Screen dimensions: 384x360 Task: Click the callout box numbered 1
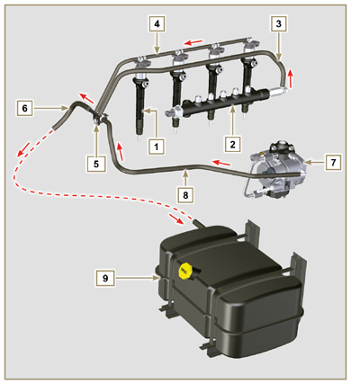click(155, 145)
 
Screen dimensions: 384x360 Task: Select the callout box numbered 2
click(232, 143)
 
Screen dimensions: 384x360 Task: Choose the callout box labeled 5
click(95, 165)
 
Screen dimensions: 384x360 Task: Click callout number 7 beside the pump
click(332, 163)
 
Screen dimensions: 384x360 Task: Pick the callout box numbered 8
click(184, 192)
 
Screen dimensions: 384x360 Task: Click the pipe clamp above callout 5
click(96, 117)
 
